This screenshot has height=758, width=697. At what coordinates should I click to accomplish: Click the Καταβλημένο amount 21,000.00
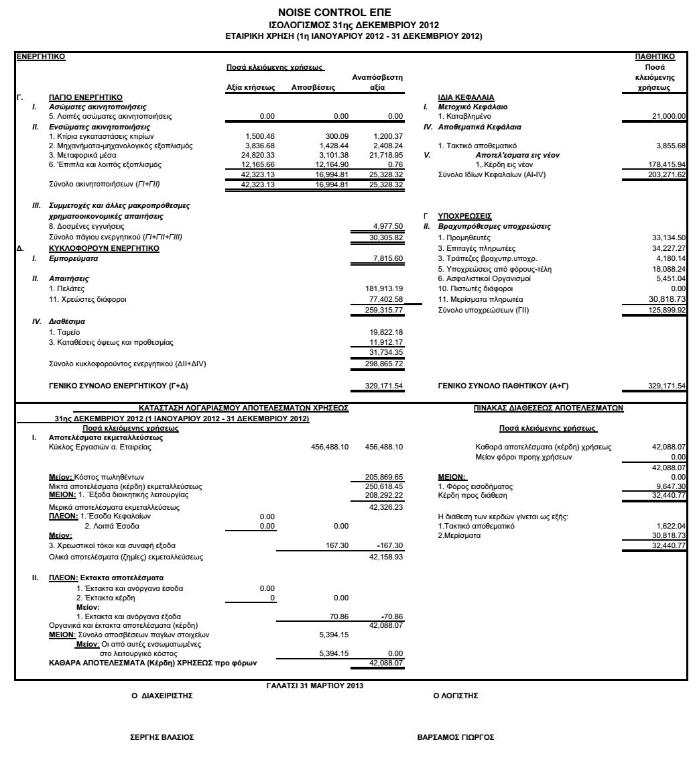[x=668, y=117]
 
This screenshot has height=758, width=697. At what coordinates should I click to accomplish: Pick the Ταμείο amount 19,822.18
[x=387, y=332]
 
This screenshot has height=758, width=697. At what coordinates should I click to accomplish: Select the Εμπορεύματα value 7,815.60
[x=387, y=258]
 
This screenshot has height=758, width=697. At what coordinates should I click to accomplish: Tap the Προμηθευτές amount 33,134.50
[x=668, y=237]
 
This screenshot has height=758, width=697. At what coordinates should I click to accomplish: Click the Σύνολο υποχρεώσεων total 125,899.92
[x=666, y=310]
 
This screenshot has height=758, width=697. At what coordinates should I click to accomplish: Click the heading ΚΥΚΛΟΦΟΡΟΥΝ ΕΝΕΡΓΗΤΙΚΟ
[x=104, y=248]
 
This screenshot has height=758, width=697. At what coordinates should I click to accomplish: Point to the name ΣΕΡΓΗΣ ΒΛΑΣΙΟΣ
[x=162, y=737]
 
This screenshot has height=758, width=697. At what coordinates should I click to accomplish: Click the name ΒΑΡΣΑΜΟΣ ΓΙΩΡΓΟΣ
[x=456, y=737]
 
